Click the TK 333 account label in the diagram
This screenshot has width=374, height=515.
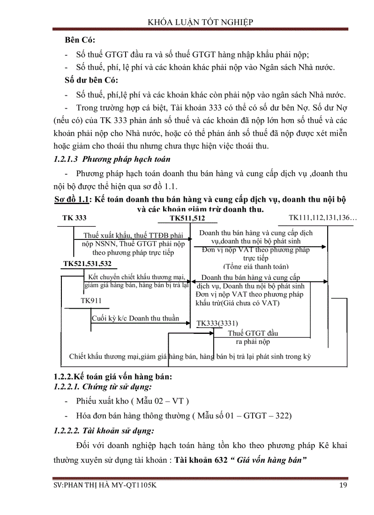coord(74,218)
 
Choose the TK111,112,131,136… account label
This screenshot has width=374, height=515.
coord(323,217)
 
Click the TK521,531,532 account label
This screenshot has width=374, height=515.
coord(87,264)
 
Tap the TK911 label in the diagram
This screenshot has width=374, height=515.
coord(91,300)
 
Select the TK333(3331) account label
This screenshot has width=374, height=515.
coord(217,323)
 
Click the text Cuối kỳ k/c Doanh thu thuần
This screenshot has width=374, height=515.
coord(135,318)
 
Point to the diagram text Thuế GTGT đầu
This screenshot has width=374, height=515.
coord(253,333)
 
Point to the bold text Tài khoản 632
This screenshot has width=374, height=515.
coord(200,460)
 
